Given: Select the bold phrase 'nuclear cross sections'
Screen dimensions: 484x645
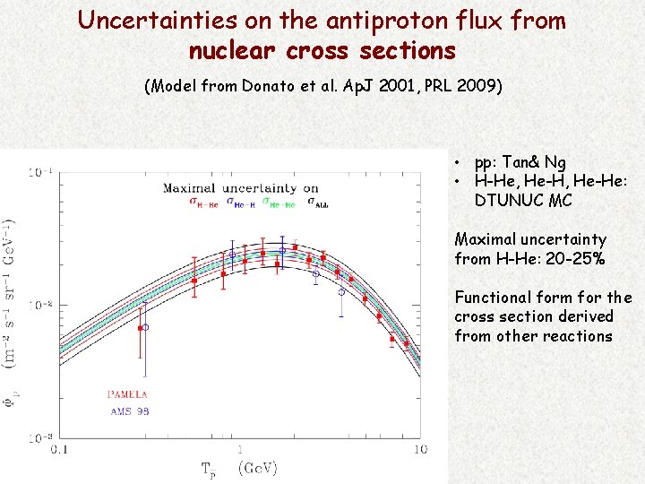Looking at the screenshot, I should tap(322, 51).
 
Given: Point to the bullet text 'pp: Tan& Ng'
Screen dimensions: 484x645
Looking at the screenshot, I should tap(520, 162).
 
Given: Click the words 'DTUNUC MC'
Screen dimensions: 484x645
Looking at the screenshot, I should tap(523, 201).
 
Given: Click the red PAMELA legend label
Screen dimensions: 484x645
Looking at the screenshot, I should tap(127, 393).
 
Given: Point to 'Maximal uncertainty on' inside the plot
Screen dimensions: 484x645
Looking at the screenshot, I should tap(240, 188).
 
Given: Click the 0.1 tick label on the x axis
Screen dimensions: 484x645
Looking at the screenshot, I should tap(60, 448).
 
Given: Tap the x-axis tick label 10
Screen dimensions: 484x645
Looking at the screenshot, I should tap(419, 448).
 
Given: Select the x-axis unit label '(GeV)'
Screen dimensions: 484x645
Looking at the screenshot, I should tap(258, 467).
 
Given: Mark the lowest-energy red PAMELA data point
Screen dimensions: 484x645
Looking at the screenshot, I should tap(140, 328).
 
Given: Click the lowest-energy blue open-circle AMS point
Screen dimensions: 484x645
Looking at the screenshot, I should tap(146, 327).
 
